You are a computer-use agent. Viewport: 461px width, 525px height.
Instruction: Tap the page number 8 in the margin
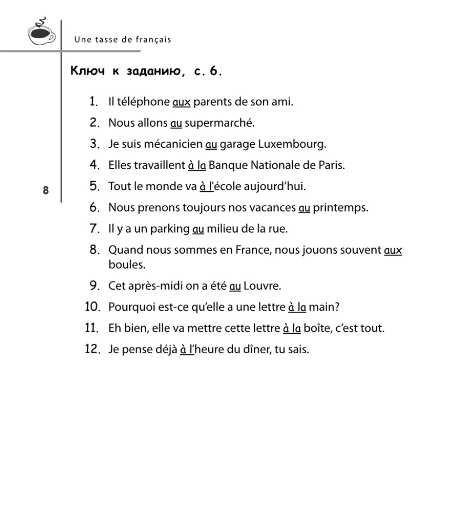(46, 190)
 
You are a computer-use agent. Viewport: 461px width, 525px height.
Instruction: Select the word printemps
(340, 208)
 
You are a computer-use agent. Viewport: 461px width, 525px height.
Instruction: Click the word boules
(127, 265)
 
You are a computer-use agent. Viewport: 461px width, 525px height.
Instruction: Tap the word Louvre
(262, 286)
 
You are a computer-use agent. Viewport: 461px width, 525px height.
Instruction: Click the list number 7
(94, 229)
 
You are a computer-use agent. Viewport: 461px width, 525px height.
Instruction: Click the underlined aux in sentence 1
(181, 102)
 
